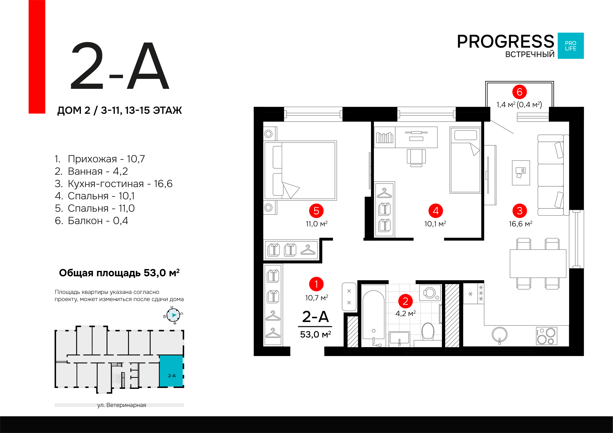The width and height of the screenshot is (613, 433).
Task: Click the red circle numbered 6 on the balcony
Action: pos(519,92)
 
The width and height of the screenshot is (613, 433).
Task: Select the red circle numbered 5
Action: pos(316,211)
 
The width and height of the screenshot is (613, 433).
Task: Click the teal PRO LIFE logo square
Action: pos(571,46)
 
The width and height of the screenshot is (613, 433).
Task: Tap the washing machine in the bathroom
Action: pos(430,293)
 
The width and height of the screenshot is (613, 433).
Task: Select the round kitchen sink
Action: pos(499,335)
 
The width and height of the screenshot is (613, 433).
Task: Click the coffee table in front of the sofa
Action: pos(521,173)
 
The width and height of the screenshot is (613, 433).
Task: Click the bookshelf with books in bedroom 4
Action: pos(385,137)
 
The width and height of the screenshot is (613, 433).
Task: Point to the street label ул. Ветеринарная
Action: pos(122,405)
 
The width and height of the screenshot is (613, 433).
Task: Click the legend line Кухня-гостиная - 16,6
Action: pos(114,184)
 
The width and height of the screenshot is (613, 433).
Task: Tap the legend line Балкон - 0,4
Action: pos(91,221)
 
